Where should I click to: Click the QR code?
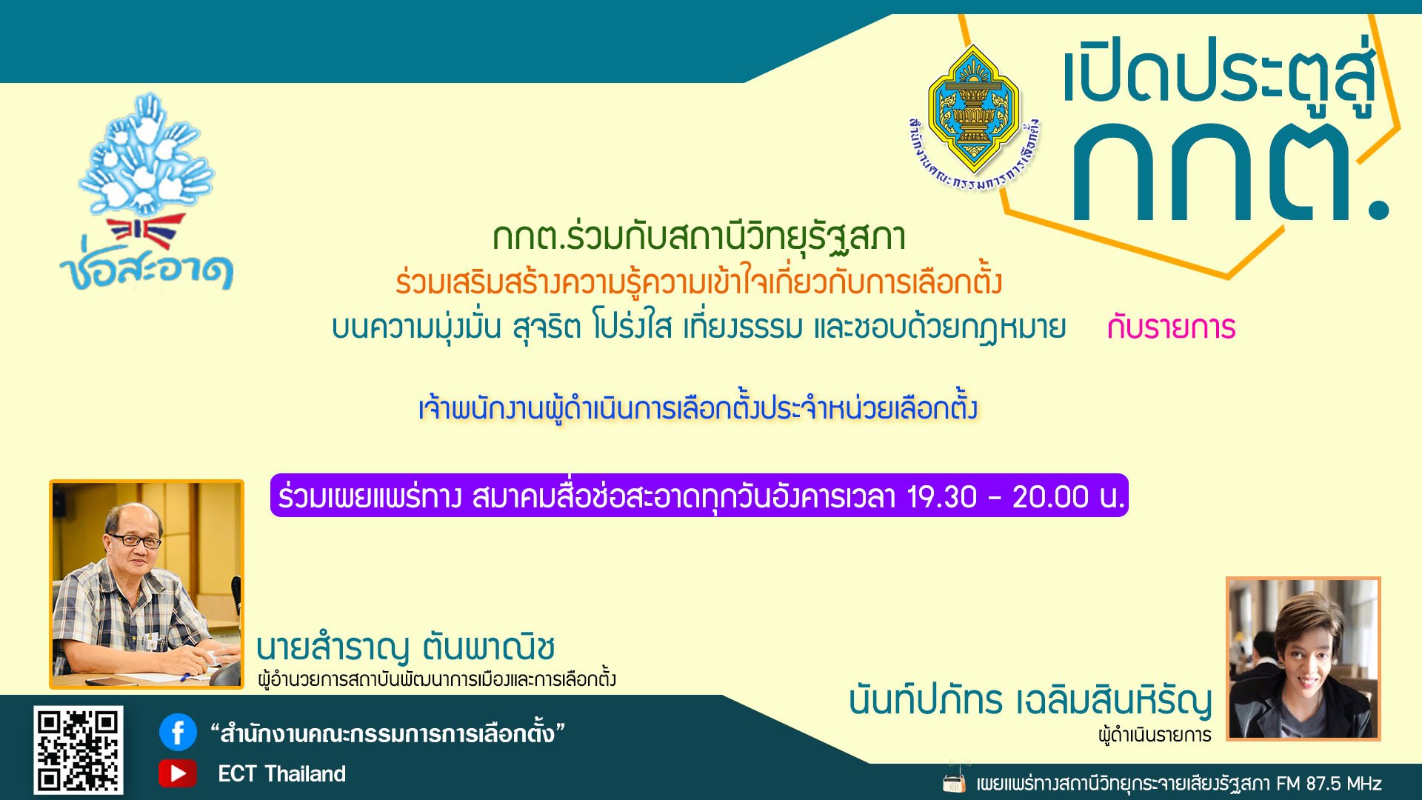pos(78,750)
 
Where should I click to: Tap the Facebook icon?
pos(178,733)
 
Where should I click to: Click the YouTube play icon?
pos(178,773)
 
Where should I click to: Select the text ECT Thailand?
pos(281,774)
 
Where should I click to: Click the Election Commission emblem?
pos(973,111)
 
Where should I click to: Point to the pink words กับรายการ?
pos(1171,327)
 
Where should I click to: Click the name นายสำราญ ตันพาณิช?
pos(406,647)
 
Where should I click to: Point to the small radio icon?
pos(955,782)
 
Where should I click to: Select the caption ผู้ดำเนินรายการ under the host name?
pos(1155,735)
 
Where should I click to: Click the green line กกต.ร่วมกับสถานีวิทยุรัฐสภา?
pos(698,237)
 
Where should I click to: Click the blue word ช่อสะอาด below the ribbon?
pos(147,270)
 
